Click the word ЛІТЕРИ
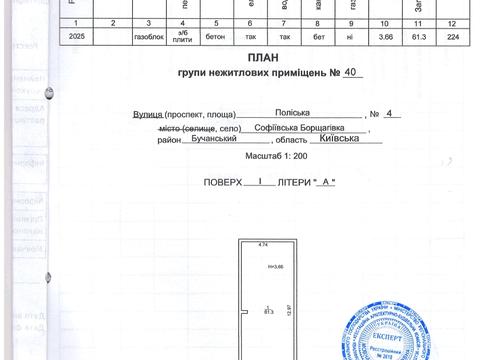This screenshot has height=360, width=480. [292, 182]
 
